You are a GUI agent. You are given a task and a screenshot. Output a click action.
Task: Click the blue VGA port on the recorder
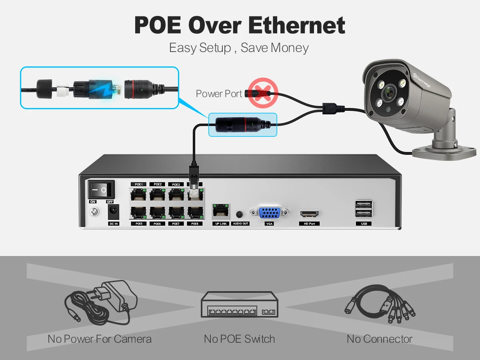[x=269, y=213]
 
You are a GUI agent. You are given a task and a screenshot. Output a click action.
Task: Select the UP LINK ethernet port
[x=220, y=210]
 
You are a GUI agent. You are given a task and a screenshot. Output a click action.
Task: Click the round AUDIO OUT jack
[x=240, y=214]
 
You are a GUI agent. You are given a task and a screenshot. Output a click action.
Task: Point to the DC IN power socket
[x=114, y=211]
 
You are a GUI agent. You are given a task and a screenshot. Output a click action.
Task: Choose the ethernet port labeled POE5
[x=139, y=212]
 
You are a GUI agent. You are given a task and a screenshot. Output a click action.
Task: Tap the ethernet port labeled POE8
[x=195, y=212]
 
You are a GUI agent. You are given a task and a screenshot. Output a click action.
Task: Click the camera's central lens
[x=388, y=94]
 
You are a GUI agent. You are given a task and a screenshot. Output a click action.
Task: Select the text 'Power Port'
[x=219, y=94]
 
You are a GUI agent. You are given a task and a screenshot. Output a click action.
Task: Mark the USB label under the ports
[x=364, y=224]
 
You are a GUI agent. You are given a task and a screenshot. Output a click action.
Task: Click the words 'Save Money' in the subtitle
[x=274, y=48]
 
